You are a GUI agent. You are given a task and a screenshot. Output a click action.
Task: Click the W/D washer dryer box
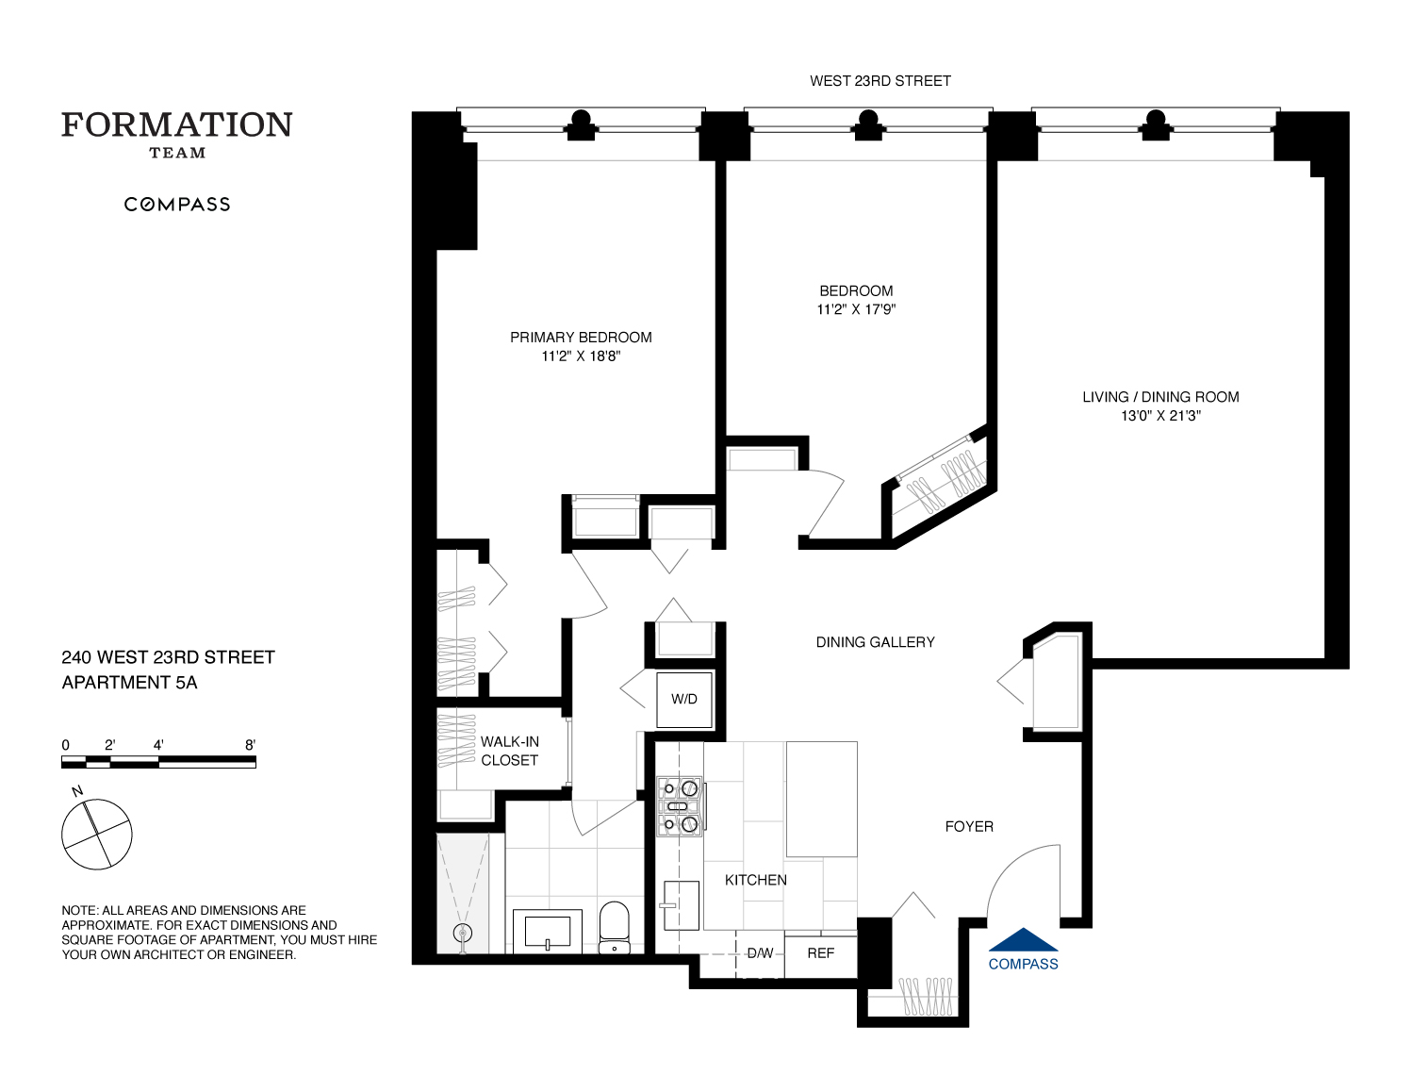(684, 699)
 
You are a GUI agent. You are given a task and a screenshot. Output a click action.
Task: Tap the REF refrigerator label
(820, 953)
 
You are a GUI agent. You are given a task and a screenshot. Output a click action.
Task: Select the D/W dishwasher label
(760, 953)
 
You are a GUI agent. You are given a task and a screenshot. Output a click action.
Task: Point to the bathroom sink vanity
(548, 931)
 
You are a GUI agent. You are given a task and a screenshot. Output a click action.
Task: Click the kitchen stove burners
(679, 805)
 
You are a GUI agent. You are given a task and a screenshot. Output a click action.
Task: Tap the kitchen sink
(681, 905)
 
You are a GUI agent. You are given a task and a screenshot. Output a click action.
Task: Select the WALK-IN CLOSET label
(509, 752)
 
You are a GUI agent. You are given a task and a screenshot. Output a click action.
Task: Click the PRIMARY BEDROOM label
(581, 338)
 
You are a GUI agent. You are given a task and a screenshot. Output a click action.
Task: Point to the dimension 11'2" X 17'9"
(856, 309)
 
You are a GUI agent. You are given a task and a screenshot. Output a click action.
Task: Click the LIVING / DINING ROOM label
(1160, 397)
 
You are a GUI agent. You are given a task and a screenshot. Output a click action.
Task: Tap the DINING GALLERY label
(875, 642)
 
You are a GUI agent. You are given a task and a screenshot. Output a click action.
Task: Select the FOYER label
(969, 827)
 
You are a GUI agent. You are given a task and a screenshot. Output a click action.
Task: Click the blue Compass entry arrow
(1023, 939)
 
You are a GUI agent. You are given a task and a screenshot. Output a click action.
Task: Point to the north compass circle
(96, 835)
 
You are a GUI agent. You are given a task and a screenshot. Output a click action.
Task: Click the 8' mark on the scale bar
(250, 745)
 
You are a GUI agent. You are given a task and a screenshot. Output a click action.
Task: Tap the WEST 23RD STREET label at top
(880, 81)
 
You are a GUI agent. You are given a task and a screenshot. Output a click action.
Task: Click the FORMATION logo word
(177, 125)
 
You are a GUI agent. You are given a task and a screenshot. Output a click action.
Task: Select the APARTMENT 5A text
(129, 683)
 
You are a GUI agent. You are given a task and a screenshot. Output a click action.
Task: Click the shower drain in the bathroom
(462, 934)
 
